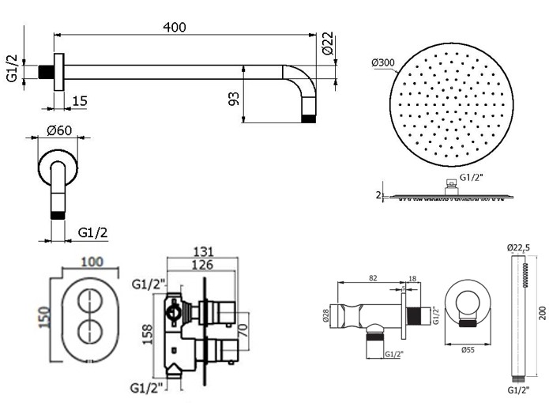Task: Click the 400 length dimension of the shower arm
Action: [x=175, y=28]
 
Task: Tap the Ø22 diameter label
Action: [x=328, y=43]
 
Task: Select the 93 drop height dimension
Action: [x=234, y=99]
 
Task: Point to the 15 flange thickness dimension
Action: [x=80, y=101]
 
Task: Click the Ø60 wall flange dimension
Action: [x=59, y=130]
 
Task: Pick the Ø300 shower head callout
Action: [x=383, y=62]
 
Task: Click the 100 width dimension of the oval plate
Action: [x=92, y=262]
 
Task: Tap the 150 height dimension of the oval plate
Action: [x=44, y=317]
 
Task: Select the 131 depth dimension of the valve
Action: [x=204, y=252]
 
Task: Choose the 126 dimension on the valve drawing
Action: [x=202, y=265]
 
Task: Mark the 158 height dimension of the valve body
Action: [x=148, y=334]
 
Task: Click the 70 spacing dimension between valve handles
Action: [x=243, y=330]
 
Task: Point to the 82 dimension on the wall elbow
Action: [x=373, y=278]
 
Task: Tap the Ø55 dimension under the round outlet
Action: [x=468, y=349]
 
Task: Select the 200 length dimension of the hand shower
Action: [x=543, y=313]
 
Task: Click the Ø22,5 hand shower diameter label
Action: [x=518, y=248]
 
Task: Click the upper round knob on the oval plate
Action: [x=90, y=302]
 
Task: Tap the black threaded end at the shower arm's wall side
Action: [x=46, y=72]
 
